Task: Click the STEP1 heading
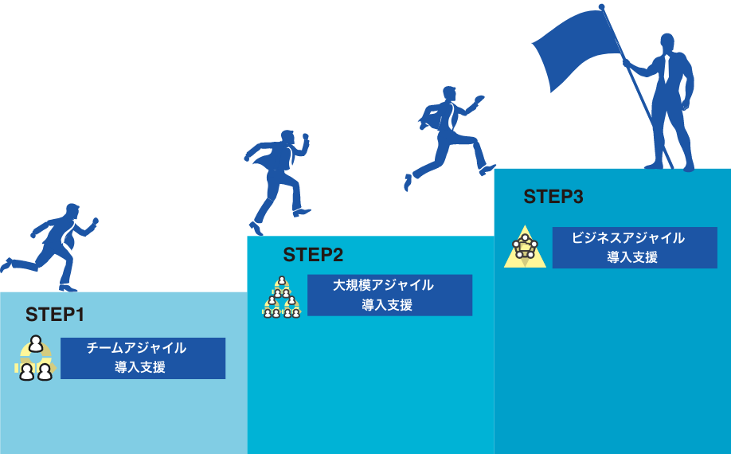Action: coord(55,315)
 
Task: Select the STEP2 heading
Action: coord(313,255)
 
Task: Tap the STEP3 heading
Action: coord(553,197)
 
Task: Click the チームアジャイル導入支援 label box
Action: coord(143,358)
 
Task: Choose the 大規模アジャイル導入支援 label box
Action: coord(389,295)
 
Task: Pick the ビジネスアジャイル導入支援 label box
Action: coord(634,248)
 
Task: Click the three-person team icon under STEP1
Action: coord(35,359)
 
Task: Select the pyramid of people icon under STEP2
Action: coord(282,298)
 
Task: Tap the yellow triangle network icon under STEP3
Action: coord(525,247)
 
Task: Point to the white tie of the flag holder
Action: coord(666,68)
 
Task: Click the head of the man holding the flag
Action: coord(667,42)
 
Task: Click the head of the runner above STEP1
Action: coord(72,211)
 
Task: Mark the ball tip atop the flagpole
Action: coord(601,7)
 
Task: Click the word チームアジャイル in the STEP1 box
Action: coord(136,348)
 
